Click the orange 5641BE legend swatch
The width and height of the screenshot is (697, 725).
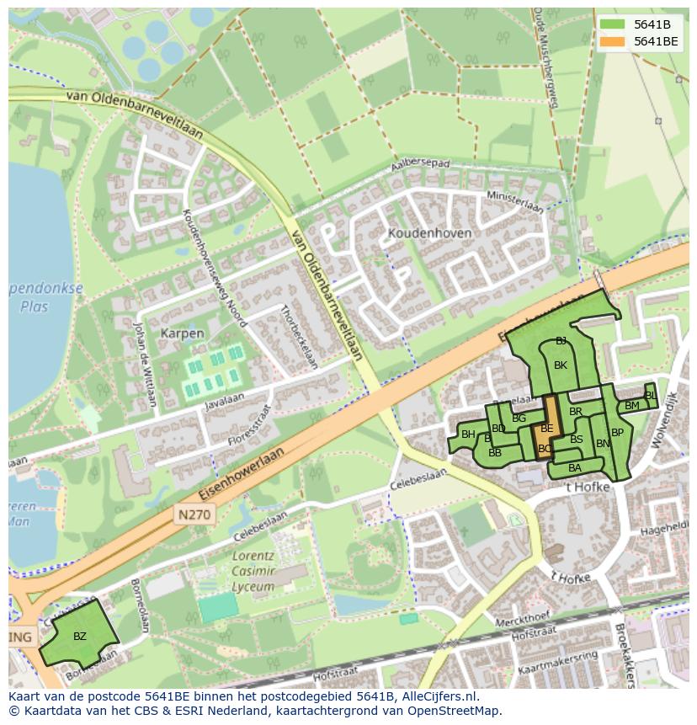click(612, 41)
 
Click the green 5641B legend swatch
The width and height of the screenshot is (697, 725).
click(612, 24)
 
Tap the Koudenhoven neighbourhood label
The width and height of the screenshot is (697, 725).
click(429, 232)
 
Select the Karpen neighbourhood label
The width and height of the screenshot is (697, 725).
click(182, 333)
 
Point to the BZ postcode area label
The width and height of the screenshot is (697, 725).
click(80, 636)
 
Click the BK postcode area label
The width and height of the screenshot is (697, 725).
click(561, 365)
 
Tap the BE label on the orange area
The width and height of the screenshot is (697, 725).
click(547, 429)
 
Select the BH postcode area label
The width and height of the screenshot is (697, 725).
click(468, 434)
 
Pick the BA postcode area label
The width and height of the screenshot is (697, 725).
click(575, 468)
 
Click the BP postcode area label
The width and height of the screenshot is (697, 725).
click(617, 433)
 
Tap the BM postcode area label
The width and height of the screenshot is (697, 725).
click(631, 406)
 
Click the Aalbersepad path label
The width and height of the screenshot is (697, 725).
click(423, 164)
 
